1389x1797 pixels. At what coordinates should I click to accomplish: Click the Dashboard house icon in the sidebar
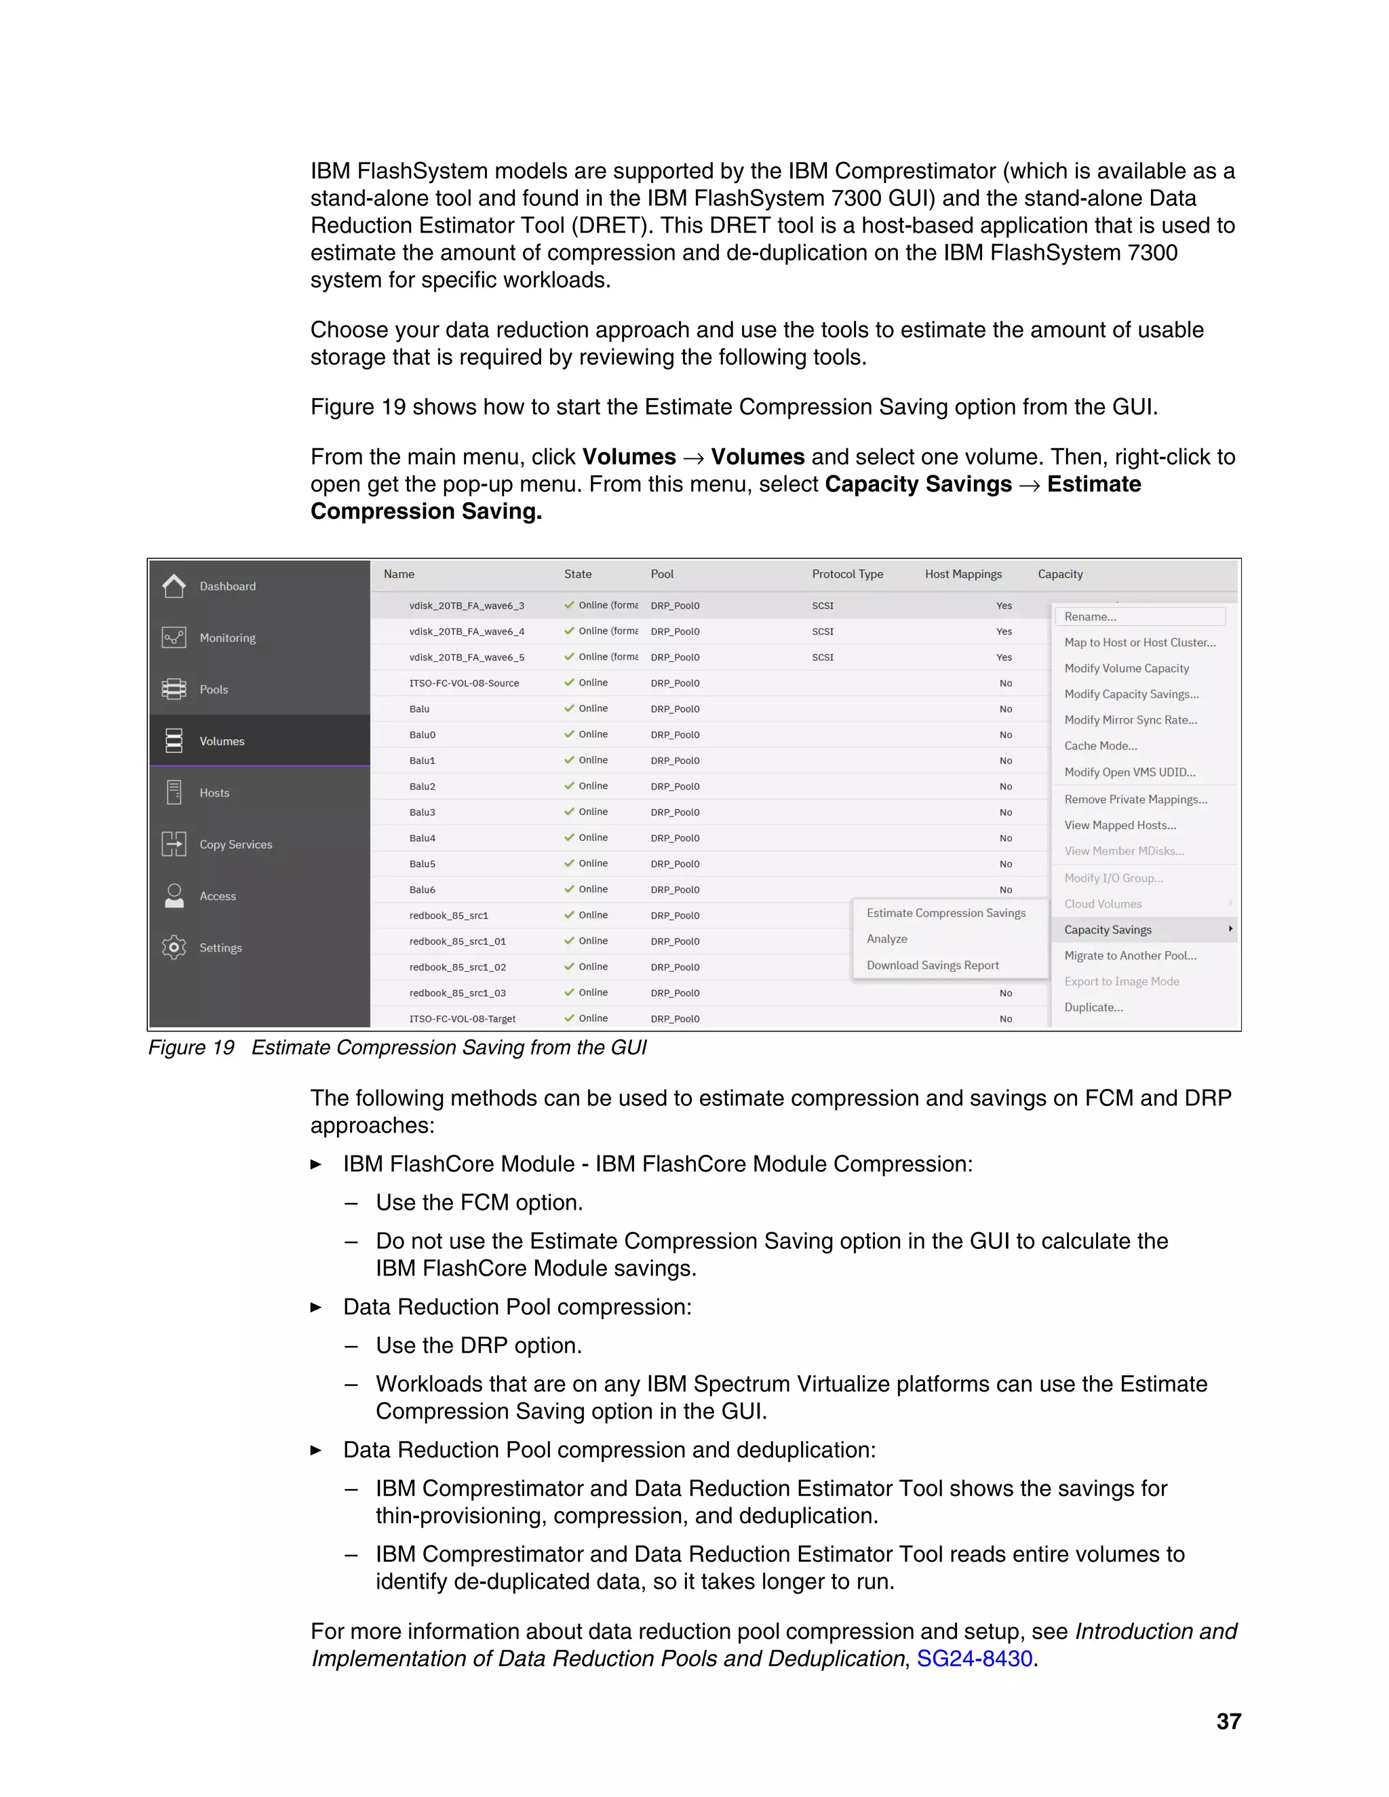(x=174, y=586)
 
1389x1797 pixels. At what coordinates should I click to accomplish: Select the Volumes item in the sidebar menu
(x=221, y=741)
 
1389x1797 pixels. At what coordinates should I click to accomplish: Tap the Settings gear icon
(x=174, y=947)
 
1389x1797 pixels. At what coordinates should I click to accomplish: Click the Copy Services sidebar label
(x=235, y=844)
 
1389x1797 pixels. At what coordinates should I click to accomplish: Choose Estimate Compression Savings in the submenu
(x=945, y=913)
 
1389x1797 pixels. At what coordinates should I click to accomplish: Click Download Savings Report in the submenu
(x=933, y=965)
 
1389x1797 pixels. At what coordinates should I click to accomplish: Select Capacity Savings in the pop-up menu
(x=1108, y=930)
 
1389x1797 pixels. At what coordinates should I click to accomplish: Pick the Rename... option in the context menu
(x=1091, y=616)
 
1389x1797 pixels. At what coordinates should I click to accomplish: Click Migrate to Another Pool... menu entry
(x=1130, y=955)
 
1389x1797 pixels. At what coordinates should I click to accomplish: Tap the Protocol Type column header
(x=846, y=574)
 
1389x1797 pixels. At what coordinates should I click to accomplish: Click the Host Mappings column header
(x=963, y=574)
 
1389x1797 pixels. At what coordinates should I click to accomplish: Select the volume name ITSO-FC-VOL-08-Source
(x=464, y=683)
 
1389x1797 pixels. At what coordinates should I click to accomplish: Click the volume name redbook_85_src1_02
(x=458, y=967)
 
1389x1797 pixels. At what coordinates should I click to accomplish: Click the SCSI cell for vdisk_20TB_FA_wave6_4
(x=822, y=631)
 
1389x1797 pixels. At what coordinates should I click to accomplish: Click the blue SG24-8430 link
(x=975, y=1659)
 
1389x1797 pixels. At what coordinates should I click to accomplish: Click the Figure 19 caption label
(x=191, y=1048)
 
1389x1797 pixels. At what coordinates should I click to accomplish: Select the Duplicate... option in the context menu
(x=1093, y=1007)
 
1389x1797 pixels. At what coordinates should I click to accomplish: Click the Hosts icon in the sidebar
(x=174, y=792)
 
